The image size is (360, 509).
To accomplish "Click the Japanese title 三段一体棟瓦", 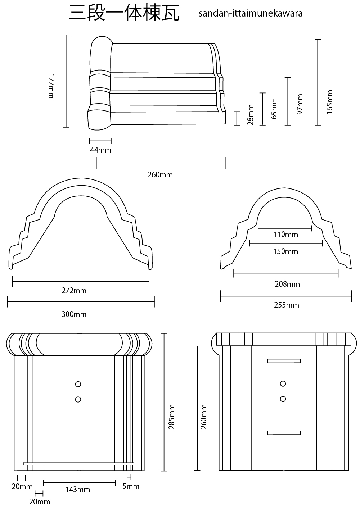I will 124,14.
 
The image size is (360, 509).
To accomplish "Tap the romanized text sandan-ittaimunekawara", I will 250,14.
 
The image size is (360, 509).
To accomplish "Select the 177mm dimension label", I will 51,86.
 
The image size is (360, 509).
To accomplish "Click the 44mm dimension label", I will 100,150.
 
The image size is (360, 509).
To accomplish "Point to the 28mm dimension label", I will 251,115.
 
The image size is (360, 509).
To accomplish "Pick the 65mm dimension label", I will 274,108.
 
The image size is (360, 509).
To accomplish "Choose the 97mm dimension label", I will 300,104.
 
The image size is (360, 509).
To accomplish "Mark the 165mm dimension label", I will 329,102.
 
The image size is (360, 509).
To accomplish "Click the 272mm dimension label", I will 74,290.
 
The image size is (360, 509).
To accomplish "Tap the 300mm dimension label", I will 74,314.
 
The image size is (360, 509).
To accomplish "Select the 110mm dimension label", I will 286,235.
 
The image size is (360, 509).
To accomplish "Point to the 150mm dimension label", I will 286,251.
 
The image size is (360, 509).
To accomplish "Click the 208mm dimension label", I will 287,284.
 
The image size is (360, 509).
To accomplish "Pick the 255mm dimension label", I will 287,305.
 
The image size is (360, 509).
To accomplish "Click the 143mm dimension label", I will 78,489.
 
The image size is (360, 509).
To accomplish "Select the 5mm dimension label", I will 131,486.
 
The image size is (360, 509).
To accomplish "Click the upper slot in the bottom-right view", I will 284,361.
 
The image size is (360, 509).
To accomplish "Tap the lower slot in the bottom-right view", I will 284,432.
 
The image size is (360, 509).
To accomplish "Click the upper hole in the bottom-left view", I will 78,384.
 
